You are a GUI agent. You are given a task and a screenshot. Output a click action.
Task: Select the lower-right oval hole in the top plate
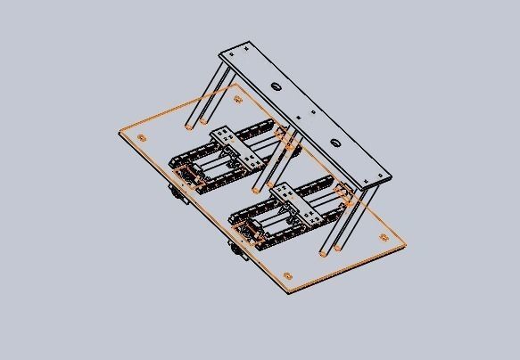[x=334, y=143]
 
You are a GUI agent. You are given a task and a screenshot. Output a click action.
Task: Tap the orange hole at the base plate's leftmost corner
[x=142, y=137]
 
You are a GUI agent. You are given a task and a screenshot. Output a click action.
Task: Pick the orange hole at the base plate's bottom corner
[x=287, y=275]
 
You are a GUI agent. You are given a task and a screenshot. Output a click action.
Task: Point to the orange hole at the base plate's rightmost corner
[x=384, y=237]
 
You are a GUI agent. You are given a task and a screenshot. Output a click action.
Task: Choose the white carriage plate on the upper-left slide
[x=237, y=148]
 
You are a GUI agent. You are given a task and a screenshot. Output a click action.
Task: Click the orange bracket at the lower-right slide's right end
[x=344, y=192]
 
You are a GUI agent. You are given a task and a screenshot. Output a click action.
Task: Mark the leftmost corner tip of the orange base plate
[x=119, y=134]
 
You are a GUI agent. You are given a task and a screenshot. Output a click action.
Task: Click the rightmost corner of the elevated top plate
[x=392, y=178]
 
